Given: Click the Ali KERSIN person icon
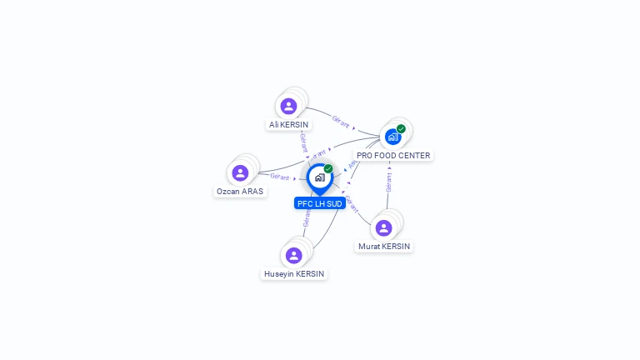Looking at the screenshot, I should click(x=288, y=106).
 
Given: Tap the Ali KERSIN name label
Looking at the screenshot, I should click(x=288, y=125).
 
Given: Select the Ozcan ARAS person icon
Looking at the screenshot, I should click(x=240, y=172).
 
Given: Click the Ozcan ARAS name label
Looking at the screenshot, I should click(x=240, y=192).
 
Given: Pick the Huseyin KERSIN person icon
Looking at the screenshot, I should click(x=293, y=255).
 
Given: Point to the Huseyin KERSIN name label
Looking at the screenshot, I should click(x=294, y=274).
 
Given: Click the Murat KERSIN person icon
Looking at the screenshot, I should click(x=384, y=227).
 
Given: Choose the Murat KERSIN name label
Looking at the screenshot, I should click(x=384, y=247).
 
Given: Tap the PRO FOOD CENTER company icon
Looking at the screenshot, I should click(x=392, y=137).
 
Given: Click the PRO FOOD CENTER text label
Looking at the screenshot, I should click(x=393, y=156).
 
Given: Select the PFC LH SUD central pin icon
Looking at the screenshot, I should click(x=319, y=177).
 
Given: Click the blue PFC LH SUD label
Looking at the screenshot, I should click(x=320, y=203).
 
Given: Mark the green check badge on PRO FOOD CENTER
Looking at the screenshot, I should click(x=401, y=129).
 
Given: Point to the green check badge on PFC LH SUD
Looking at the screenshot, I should click(x=328, y=169).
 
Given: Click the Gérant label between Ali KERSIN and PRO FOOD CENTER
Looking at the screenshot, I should click(x=341, y=121).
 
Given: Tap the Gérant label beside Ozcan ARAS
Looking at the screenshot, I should click(x=279, y=177).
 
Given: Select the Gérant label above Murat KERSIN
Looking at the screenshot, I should click(x=389, y=182).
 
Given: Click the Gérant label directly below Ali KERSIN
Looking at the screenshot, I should click(x=303, y=142).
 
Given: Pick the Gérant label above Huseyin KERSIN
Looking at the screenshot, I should click(x=307, y=218).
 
